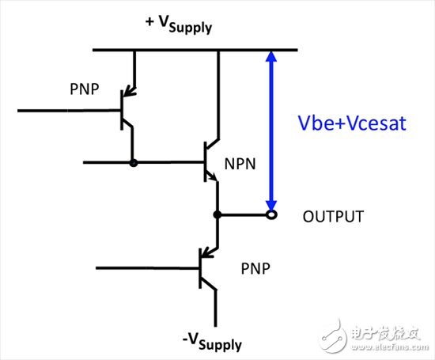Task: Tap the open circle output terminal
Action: (271, 214)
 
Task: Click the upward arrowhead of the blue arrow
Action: (271, 59)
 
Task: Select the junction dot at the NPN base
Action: (133, 163)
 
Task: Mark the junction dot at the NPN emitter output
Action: (217, 214)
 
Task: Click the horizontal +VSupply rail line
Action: (195, 51)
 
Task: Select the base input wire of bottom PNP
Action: (142, 267)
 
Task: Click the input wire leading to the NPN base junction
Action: (107, 163)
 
